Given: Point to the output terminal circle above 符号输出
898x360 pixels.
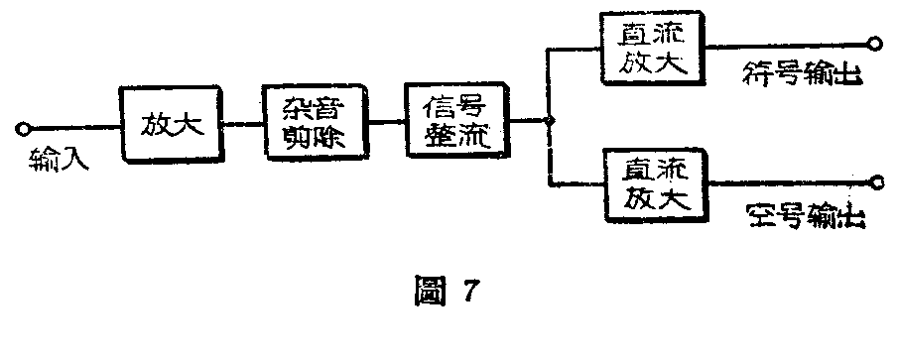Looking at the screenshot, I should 874,43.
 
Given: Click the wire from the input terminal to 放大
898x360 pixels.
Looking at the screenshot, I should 73,127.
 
